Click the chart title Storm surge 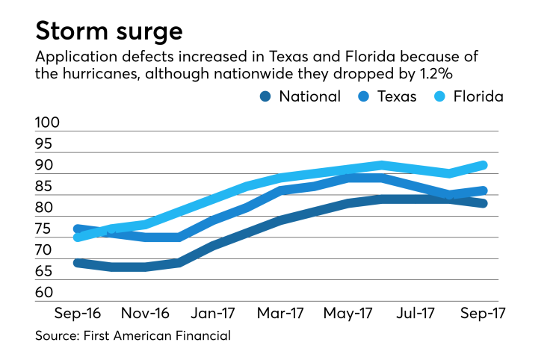tap(108, 33)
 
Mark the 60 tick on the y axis tap(46, 292)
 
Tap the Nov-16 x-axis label tap(145, 312)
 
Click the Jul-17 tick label tap(415, 312)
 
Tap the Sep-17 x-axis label tap(482, 312)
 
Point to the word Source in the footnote tap(56, 337)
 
